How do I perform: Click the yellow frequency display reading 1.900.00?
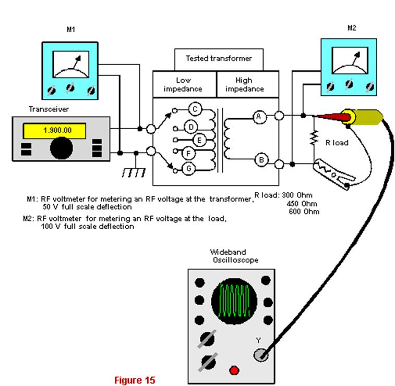click(54, 131)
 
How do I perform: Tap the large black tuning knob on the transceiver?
click(61, 148)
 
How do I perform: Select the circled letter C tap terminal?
click(195, 109)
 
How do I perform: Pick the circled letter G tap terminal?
click(189, 168)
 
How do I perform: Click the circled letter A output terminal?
click(259, 117)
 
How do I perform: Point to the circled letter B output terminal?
click(261, 160)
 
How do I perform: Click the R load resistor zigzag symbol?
click(314, 138)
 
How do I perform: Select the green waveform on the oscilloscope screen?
click(234, 300)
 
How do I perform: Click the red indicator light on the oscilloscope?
click(234, 370)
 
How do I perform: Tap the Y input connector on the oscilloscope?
click(260, 355)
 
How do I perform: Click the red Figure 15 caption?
click(135, 380)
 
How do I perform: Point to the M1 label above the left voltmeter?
click(71, 29)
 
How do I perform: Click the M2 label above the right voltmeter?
click(352, 28)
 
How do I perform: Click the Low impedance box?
click(184, 84)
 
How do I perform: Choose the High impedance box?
click(248, 84)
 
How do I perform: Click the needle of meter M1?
click(77, 62)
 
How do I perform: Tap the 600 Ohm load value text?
click(304, 211)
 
